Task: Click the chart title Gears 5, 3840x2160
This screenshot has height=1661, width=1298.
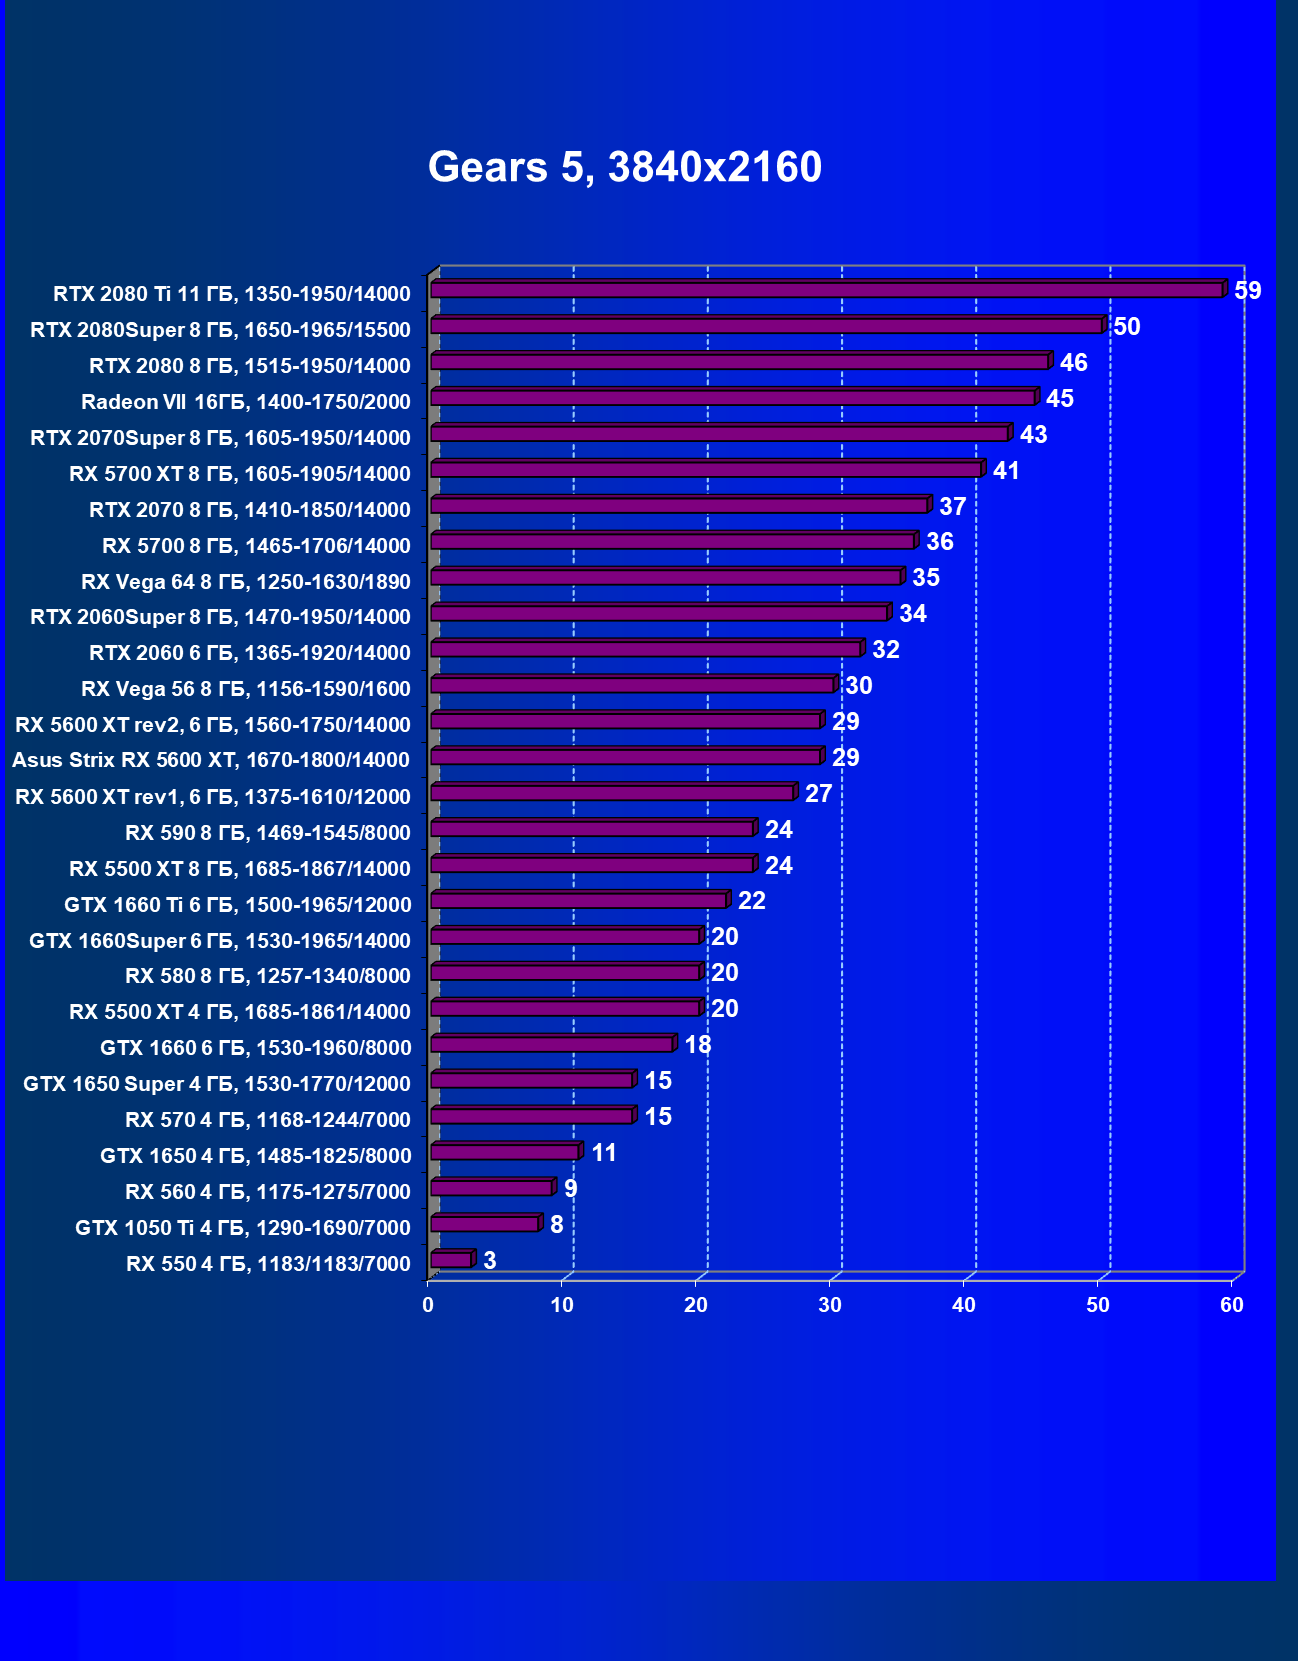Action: click(x=625, y=167)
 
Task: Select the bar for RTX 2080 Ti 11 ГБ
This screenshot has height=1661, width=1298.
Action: click(x=827, y=290)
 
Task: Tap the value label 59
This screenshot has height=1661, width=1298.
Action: click(x=1248, y=291)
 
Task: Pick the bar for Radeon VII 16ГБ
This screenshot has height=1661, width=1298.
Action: click(x=733, y=398)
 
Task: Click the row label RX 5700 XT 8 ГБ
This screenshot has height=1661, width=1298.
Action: click(x=240, y=474)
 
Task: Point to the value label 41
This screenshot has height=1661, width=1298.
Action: click(x=1006, y=471)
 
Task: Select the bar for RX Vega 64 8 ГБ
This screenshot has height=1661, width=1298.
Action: click(x=666, y=577)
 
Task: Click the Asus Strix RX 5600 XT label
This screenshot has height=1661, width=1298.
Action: click(x=211, y=760)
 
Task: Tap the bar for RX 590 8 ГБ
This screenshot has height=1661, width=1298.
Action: click(x=592, y=829)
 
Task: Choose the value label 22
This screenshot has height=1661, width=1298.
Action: click(x=752, y=901)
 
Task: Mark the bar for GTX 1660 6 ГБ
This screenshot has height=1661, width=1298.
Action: click(x=552, y=1044)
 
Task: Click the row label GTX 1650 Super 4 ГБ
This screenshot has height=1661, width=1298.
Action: click(x=217, y=1084)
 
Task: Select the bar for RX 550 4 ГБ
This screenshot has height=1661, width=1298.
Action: click(x=451, y=1260)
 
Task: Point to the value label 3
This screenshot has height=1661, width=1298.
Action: click(x=490, y=1261)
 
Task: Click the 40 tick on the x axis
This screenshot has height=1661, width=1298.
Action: click(x=964, y=1305)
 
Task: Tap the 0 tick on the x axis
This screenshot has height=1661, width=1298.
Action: click(x=428, y=1305)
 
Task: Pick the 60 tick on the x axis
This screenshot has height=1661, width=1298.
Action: click(x=1232, y=1305)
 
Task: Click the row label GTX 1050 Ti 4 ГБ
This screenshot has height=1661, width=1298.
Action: click(x=243, y=1228)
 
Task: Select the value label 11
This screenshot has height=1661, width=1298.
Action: click(x=604, y=1153)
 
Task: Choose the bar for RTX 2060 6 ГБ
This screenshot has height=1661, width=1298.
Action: click(x=646, y=649)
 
